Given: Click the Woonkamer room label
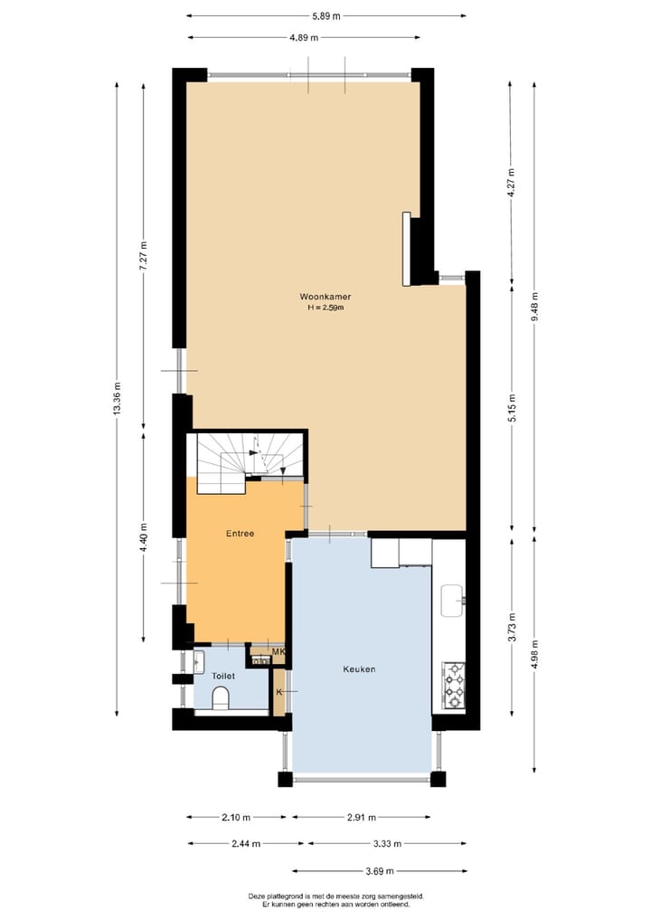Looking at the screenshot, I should point(325,297).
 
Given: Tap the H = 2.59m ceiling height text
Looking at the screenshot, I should point(325,308).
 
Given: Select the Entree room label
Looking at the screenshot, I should point(240,534).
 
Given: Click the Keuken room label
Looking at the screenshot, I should point(359,669).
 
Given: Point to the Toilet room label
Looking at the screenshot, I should point(222,676).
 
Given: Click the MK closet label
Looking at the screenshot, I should point(278,651).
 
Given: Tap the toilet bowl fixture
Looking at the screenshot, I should point(220,697).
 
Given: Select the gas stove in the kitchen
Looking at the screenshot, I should point(452,685).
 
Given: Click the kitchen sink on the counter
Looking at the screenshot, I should point(452,595).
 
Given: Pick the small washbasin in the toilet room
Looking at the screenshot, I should point(200,661).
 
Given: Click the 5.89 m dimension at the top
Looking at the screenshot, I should point(325,15).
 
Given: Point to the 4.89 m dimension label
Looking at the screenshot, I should point(304,37).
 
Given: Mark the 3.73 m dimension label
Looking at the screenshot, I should point(511,624).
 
